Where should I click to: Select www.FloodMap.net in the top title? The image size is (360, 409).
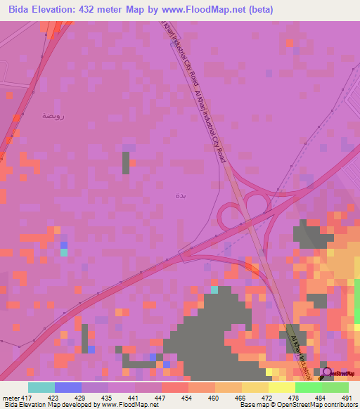tap(212, 9)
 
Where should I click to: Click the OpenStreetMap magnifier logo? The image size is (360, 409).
tap(327, 372)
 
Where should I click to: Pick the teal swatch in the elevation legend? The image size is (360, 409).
tap(41, 387)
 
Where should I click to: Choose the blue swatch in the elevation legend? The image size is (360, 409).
tap(67, 387)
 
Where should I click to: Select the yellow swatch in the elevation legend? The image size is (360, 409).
tap(255, 387)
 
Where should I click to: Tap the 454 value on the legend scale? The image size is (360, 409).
tap(188, 398)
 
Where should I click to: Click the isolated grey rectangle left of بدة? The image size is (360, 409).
tap(126, 162)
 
